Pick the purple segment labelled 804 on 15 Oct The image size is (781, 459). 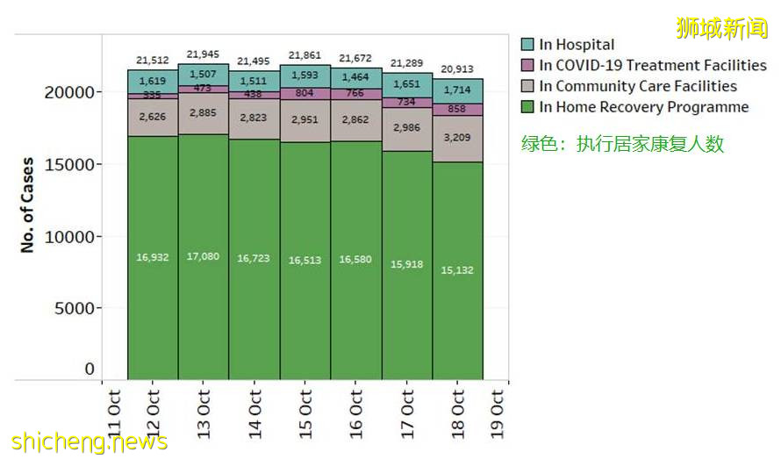tap(305, 93)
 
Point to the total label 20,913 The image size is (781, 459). tap(458, 69)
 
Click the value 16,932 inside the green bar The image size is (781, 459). tap(153, 257)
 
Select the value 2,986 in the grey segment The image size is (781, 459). tap(407, 128)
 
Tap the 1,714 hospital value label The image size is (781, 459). tap(458, 90)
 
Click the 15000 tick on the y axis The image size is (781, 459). tap(68, 165)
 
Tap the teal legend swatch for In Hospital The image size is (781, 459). tap(527, 45)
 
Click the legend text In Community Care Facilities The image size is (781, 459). tap(637, 86)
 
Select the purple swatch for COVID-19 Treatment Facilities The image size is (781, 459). tap(527, 66)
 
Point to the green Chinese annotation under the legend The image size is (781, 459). tap(623, 144)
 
